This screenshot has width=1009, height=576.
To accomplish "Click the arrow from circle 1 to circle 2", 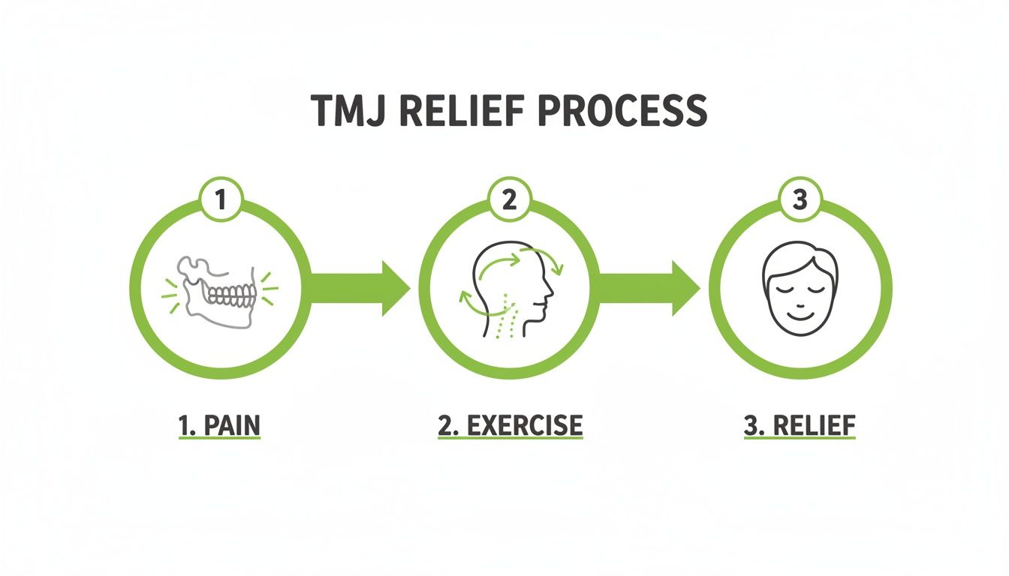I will click(359, 288).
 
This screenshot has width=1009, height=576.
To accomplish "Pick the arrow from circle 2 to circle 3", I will click(649, 288).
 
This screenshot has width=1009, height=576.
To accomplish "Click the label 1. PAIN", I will click(219, 425).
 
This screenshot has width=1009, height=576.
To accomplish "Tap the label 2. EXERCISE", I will click(510, 425).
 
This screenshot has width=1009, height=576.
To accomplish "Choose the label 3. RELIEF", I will click(800, 425).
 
